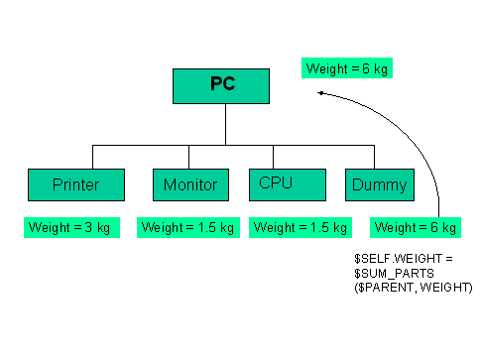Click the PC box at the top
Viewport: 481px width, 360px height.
coord(224,86)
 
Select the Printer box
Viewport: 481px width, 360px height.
coord(76,184)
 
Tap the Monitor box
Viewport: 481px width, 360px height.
coord(190,184)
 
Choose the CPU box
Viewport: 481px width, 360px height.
coord(288,184)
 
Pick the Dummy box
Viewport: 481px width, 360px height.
coord(379,184)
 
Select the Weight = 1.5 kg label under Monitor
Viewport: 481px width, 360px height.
coord(186,227)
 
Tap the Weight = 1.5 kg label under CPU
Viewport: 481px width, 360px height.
coord(300,227)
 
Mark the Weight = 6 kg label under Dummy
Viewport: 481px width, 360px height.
coord(415,227)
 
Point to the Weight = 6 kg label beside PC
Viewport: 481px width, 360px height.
coord(345,68)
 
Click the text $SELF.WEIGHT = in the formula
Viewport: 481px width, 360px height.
coord(397,258)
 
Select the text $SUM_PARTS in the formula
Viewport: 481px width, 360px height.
coord(387,272)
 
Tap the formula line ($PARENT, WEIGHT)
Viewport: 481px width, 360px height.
coord(414,286)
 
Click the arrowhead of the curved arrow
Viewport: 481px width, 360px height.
coord(322,93)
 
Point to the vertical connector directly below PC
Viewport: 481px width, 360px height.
coord(225,124)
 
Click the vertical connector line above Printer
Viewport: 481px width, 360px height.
coord(92,157)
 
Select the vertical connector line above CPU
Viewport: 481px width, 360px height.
coord(273,157)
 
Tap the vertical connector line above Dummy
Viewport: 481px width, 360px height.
coord(375,157)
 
